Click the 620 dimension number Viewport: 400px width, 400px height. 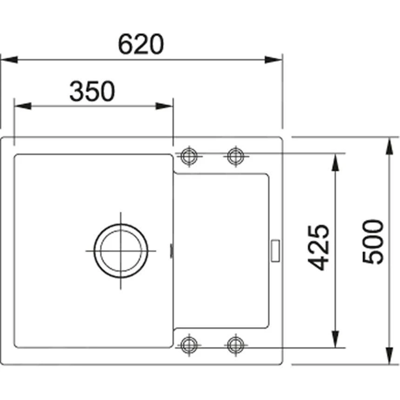(141, 45)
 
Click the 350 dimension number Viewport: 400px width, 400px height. (92, 92)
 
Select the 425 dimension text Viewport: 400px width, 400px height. (320, 247)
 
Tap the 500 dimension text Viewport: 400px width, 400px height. (374, 242)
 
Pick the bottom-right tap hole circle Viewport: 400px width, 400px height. (235, 345)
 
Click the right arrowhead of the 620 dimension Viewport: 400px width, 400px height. (274, 60)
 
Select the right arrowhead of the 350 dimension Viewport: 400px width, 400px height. (165, 106)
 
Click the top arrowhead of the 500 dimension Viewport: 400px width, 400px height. (388, 146)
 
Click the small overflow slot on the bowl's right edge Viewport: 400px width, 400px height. (172, 251)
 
